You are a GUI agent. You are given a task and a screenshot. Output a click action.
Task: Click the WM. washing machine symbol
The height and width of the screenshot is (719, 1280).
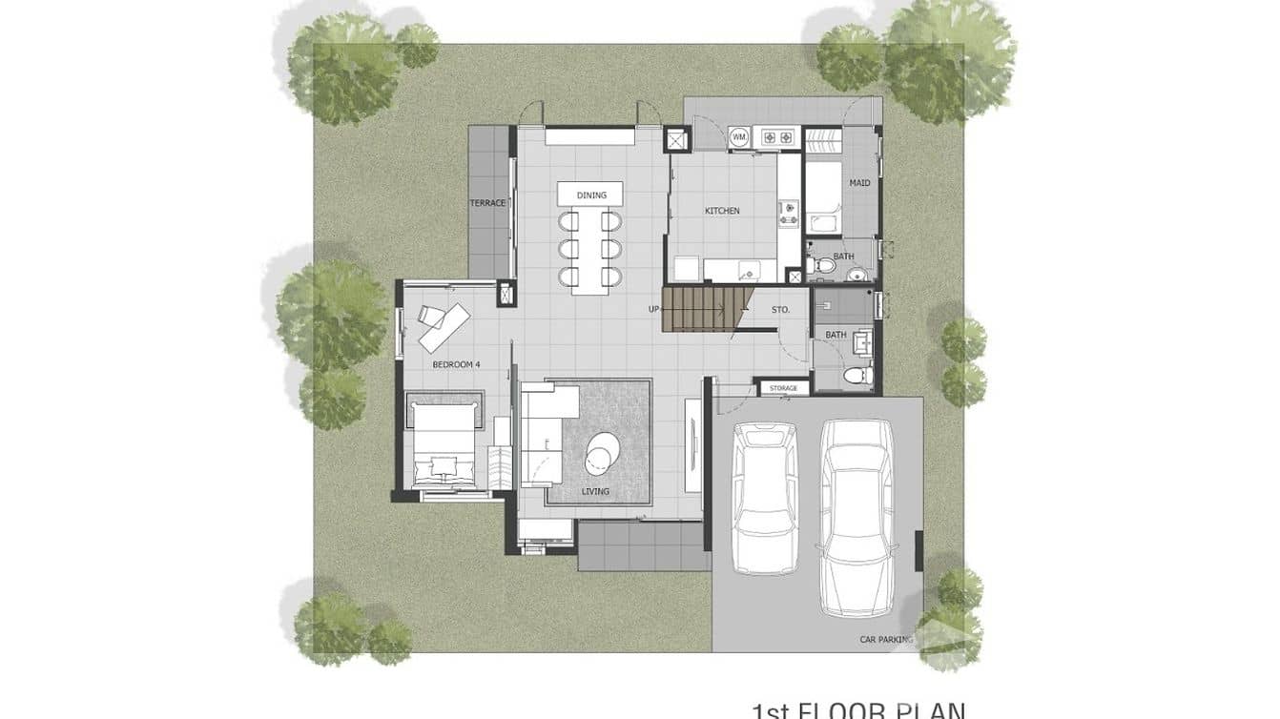point(738,138)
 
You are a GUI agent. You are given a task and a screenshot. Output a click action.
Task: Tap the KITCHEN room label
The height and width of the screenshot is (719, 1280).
point(722,211)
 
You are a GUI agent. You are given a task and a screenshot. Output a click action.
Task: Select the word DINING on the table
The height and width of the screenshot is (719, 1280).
point(591,195)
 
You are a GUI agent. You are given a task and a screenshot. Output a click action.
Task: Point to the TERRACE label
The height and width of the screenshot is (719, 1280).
point(487,203)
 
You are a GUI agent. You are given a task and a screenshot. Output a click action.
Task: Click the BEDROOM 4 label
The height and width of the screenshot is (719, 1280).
point(456,364)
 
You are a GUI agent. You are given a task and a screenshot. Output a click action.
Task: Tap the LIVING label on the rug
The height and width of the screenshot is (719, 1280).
point(595,492)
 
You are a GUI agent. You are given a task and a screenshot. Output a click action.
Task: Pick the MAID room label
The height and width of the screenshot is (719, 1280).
point(859,183)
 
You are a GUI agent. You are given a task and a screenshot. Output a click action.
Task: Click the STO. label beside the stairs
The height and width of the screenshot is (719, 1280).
point(781,309)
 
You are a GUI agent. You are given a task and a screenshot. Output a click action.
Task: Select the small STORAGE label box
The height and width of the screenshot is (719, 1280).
point(783,388)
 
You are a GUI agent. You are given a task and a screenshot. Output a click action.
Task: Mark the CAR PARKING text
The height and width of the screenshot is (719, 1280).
point(886,640)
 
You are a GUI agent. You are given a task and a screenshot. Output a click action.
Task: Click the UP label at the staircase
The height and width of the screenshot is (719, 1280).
point(653,309)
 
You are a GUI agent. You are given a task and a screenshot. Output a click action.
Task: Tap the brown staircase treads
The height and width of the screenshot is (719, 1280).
point(699,310)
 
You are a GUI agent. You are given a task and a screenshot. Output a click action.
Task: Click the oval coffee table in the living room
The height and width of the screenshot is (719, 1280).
point(603,452)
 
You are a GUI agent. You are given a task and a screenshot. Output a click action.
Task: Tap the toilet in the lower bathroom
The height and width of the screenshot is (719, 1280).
point(857,375)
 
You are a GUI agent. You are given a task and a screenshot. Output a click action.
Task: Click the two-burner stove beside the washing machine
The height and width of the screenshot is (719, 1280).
point(774,138)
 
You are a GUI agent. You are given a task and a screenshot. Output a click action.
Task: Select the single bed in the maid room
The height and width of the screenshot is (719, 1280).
point(824,191)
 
